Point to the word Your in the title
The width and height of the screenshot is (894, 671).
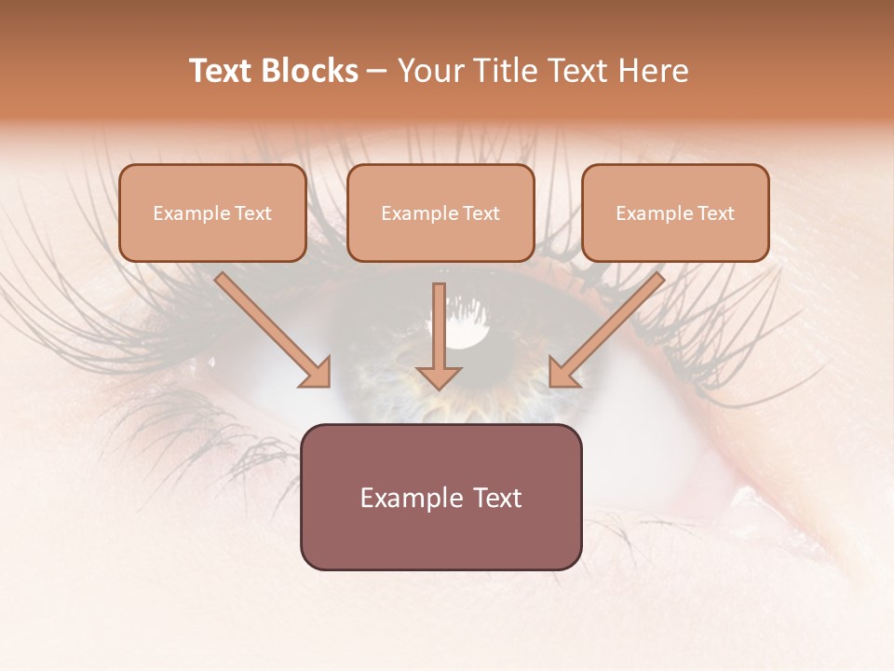point(428,71)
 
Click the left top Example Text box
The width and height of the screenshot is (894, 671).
point(212,213)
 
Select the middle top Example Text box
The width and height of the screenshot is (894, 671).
point(440,213)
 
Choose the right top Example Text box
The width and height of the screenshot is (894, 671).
point(675,213)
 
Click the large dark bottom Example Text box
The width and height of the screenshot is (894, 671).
point(440,497)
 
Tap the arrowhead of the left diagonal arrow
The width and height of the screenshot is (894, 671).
point(317,373)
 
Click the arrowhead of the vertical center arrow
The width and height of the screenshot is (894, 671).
point(439,376)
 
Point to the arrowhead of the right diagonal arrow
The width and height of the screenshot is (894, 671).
point(562,373)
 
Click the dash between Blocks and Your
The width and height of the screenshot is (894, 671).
point(377,71)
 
